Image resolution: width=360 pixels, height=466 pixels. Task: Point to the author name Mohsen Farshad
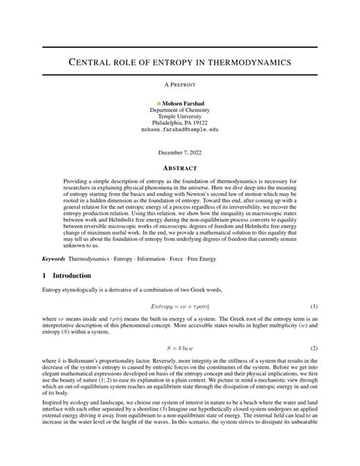click(x=183, y=102)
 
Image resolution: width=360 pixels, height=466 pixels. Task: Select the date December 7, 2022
click(x=180, y=151)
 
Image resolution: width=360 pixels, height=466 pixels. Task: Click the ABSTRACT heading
click(x=180, y=167)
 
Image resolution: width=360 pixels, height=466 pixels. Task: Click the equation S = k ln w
click(x=180, y=349)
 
